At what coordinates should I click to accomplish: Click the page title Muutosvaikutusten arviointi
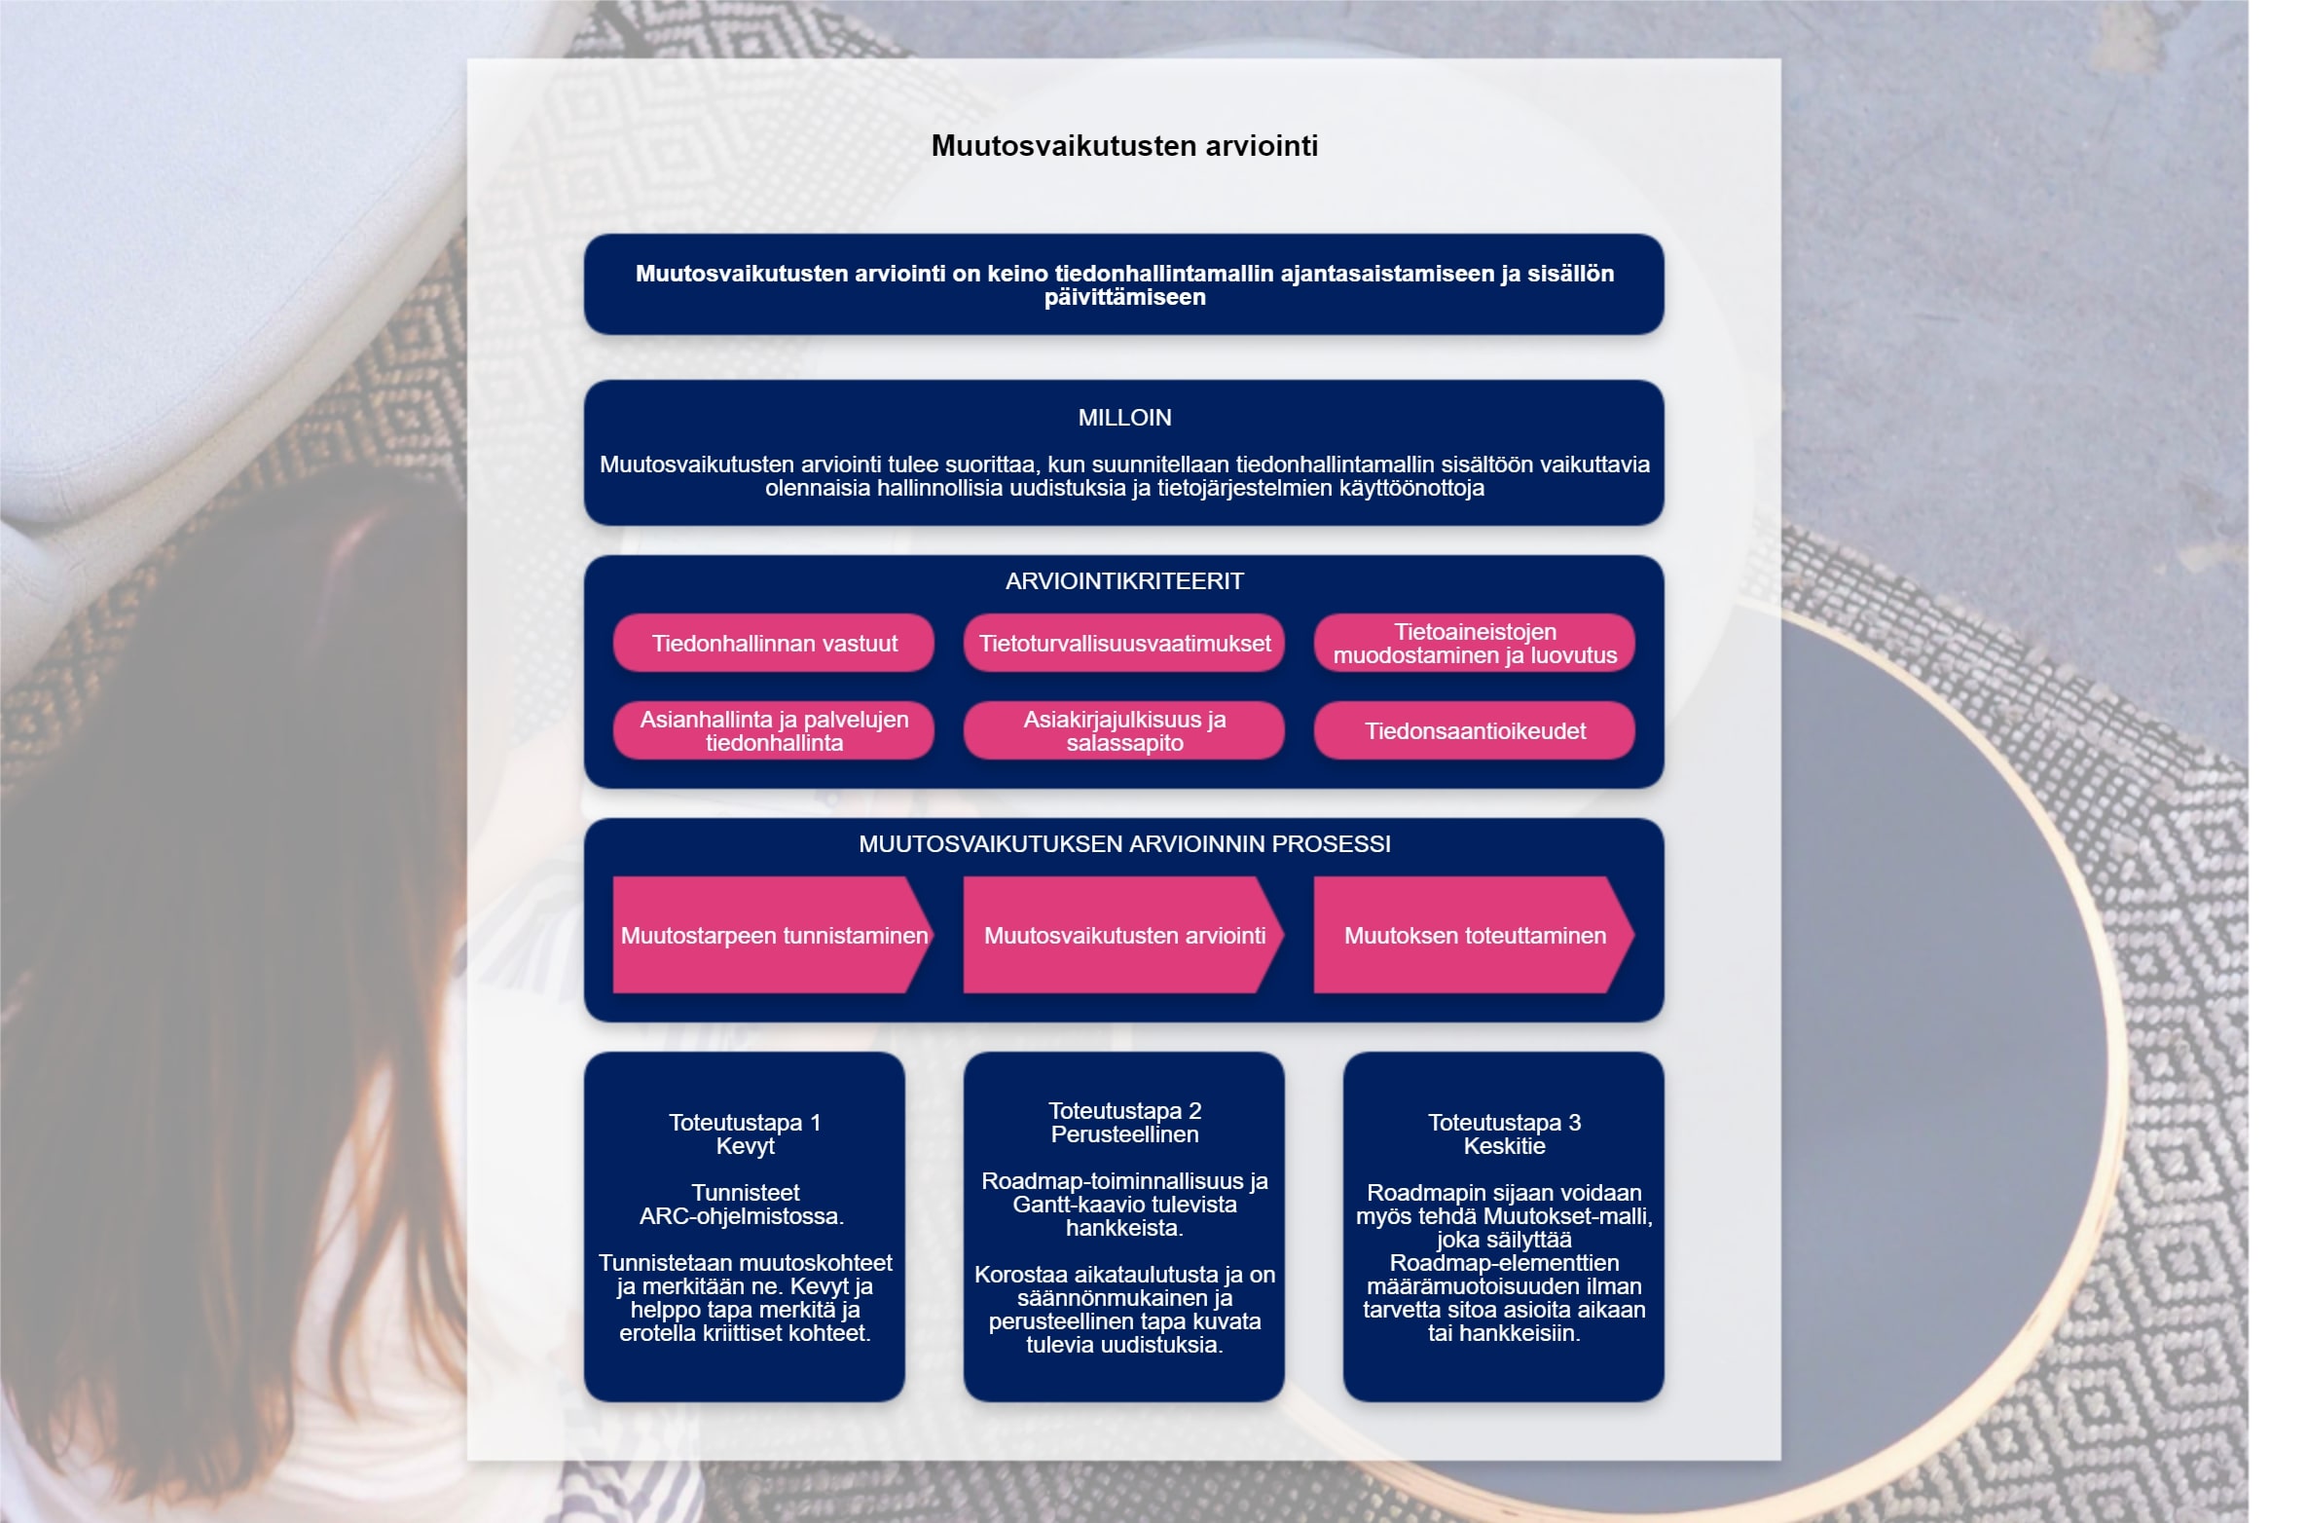[1124, 146]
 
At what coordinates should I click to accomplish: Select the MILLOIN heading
[1124, 418]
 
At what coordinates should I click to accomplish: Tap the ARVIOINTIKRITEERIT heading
[1124, 581]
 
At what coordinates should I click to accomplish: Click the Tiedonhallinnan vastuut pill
[774, 643]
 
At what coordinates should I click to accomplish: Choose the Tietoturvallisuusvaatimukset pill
[1124, 643]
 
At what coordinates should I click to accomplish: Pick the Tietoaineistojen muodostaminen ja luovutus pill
[1475, 643]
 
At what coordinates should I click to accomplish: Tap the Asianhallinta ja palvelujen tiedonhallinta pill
[774, 730]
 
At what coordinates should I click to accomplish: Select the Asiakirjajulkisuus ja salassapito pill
[1124, 730]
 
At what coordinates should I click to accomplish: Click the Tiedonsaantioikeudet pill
[1475, 730]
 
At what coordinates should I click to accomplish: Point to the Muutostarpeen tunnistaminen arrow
[774, 935]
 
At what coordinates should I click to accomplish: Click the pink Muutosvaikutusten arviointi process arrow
[1124, 935]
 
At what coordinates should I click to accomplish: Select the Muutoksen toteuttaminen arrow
[1475, 935]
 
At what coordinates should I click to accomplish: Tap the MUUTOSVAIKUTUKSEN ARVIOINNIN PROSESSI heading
[1124, 844]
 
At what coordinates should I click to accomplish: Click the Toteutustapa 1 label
[745, 1123]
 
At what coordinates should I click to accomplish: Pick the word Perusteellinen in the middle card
[1124, 1134]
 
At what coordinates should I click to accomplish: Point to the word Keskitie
[1504, 1146]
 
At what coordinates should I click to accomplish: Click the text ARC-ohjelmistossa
[742, 1216]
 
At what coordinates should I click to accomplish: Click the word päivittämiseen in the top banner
[1124, 298]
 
